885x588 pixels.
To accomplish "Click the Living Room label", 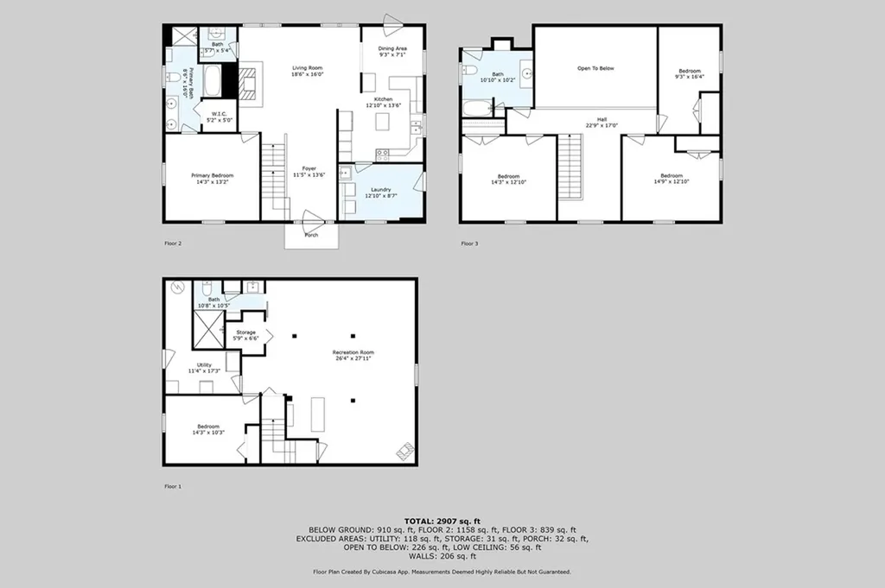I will pos(307,72).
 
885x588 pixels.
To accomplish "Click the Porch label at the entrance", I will pos(311,235).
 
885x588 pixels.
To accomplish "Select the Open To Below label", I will pos(595,67).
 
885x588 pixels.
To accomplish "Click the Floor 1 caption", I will pos(173,486).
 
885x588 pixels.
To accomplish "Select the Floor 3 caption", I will pos(469,243).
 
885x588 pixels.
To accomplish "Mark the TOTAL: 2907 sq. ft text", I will pos(442,522).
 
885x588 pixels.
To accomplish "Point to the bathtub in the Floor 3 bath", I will pos(475,109).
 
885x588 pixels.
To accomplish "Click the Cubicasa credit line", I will pos(442,572).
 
